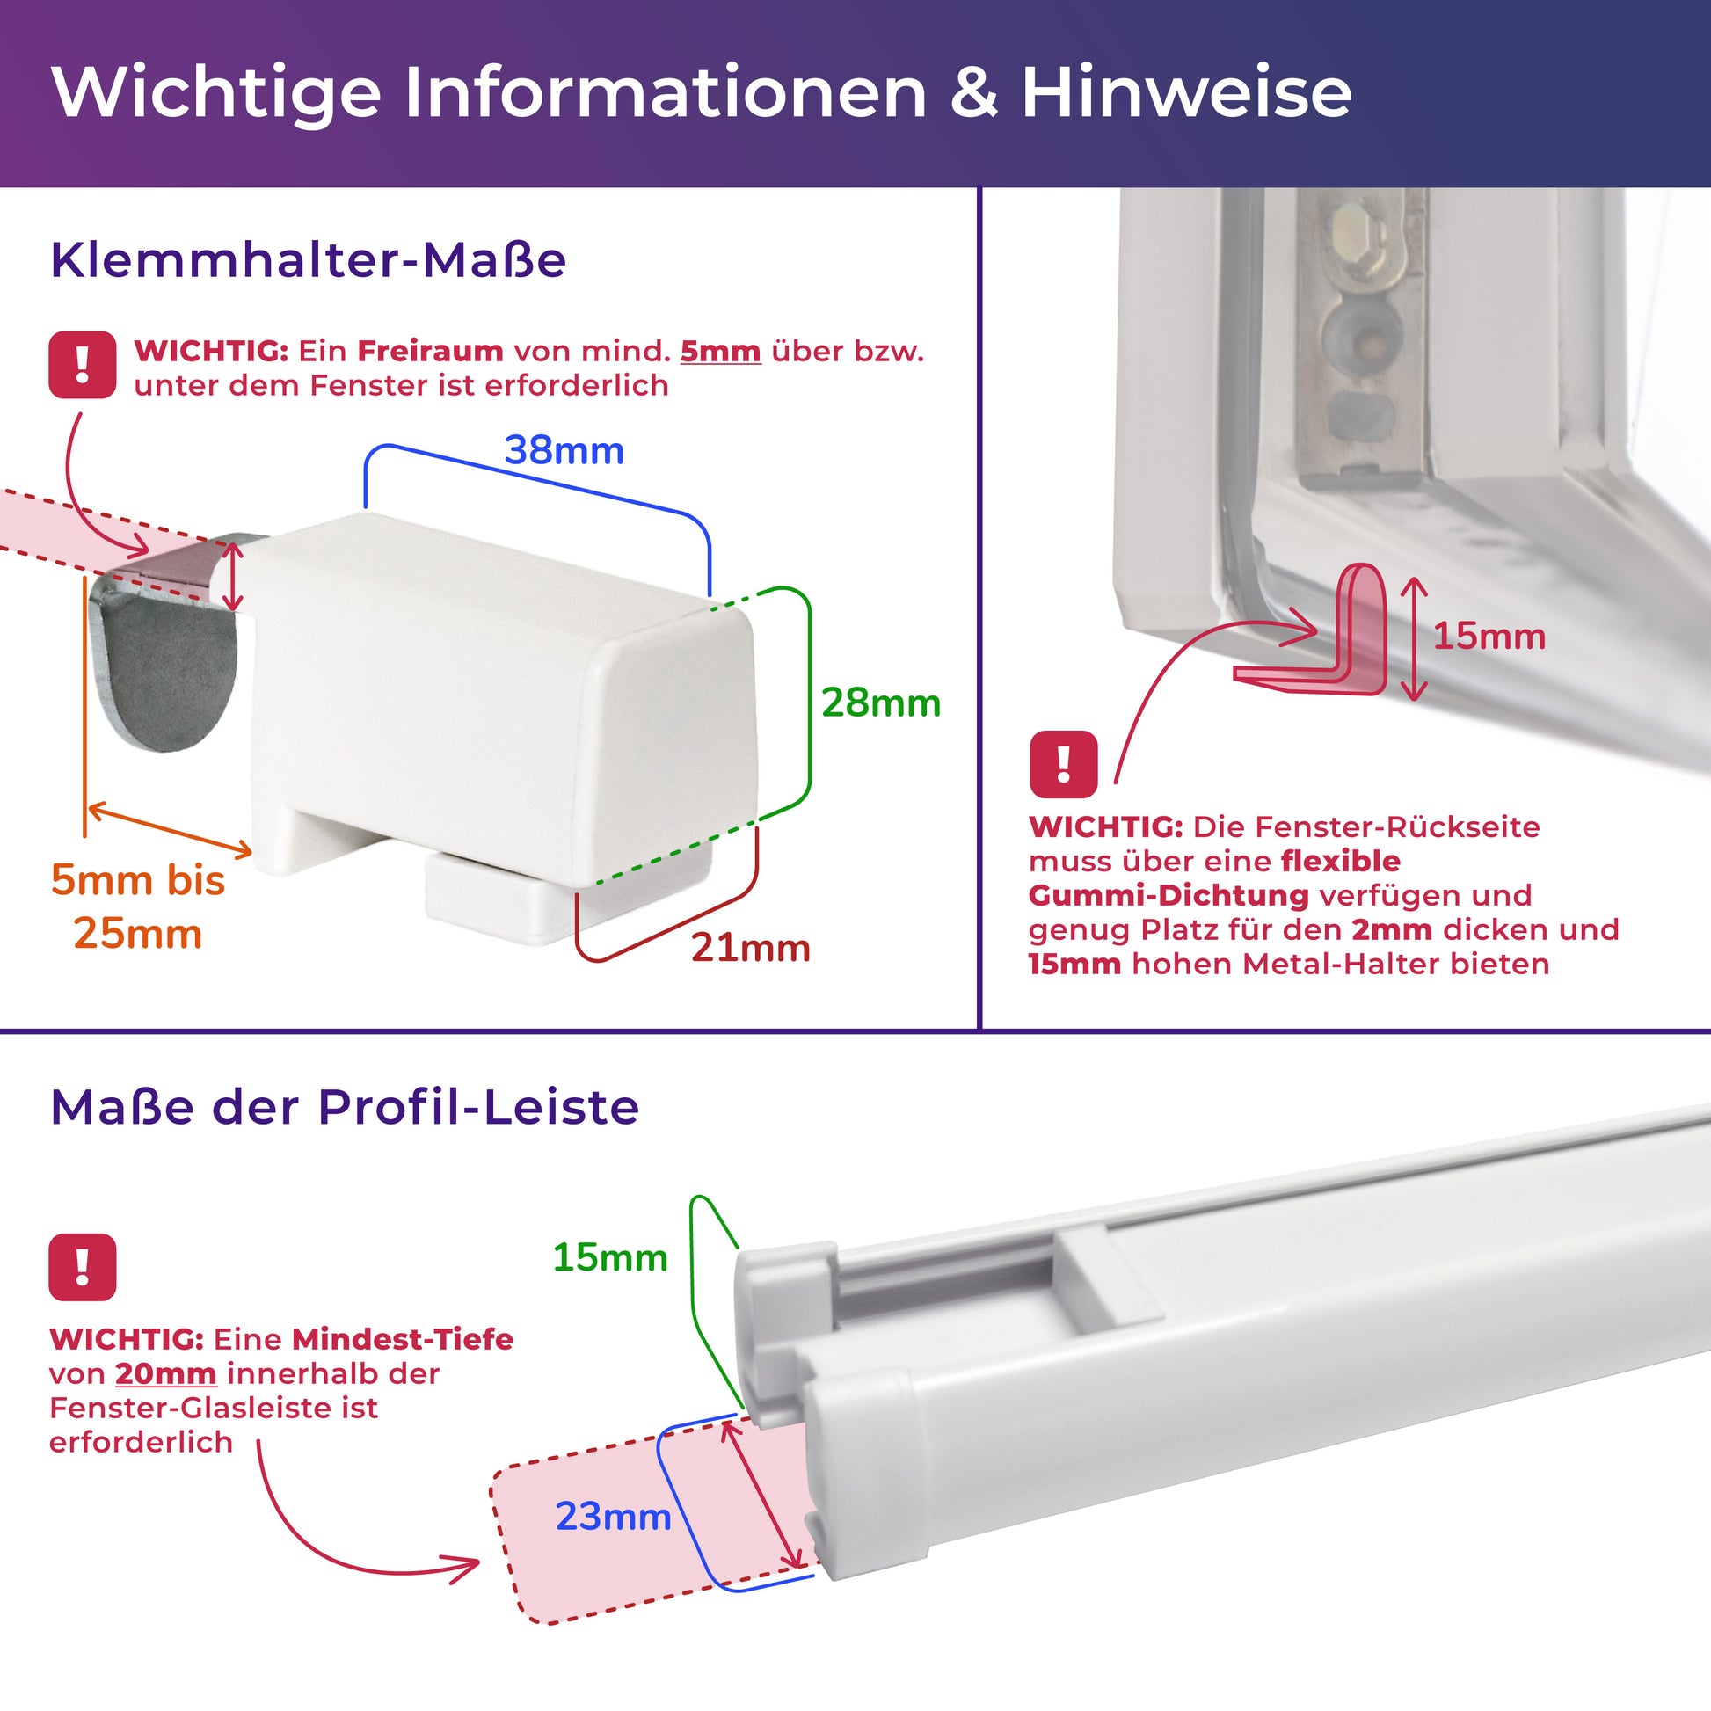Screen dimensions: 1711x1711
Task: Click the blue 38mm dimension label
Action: point(564,451)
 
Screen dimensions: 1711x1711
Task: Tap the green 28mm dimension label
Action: point(881,703)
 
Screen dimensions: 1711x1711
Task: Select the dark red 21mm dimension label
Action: point(751,949)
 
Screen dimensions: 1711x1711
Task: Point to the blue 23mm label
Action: point(613,1517)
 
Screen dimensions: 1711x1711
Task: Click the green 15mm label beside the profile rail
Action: point(610,1257)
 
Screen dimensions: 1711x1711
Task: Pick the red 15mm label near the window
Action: point(1489,637)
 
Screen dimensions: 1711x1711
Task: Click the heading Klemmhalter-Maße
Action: point(309,260)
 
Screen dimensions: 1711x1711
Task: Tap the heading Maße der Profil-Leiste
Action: point(345,1107)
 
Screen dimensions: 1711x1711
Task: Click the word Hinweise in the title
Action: point(1187,92)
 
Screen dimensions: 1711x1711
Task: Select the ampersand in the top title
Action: point(974,93)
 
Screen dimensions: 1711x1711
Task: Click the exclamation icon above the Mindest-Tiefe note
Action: point(83,1267)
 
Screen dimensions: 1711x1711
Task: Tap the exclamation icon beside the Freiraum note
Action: point(83,365)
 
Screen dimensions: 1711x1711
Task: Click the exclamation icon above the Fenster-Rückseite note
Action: point(1064,764)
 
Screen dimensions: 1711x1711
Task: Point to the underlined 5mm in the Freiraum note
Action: point(720,352)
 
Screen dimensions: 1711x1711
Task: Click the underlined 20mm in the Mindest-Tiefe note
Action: point(165,1373)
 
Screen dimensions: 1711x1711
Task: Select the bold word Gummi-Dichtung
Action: point(1169,895)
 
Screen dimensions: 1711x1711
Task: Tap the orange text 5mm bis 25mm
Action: point(138,906)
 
